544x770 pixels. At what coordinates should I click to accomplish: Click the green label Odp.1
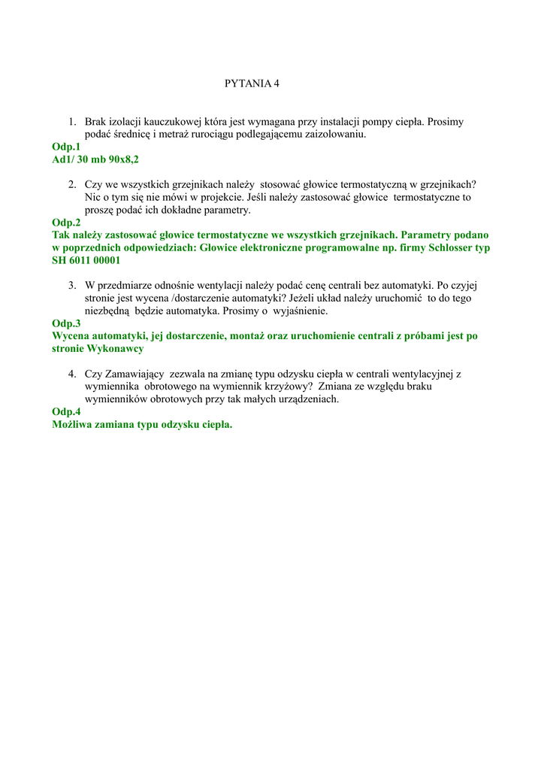66,147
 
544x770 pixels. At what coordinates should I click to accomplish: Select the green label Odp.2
66,223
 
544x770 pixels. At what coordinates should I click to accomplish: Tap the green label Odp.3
66,323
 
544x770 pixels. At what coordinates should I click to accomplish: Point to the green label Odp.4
66,412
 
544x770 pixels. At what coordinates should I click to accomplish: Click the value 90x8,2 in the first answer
124,159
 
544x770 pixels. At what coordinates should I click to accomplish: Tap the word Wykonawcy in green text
116,349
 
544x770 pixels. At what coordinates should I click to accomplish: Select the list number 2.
71,184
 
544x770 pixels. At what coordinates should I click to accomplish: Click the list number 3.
71,285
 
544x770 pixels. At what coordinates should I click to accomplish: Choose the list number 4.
71,374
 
